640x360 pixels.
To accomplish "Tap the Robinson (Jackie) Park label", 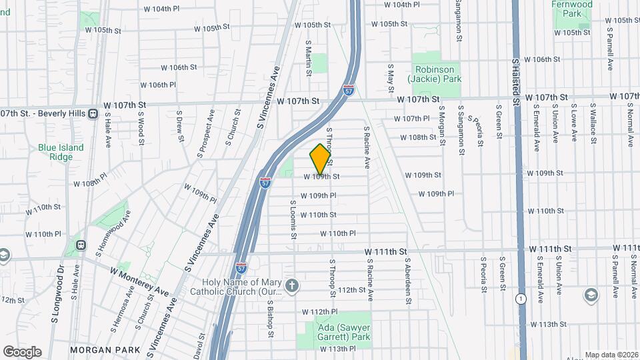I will (437, 74).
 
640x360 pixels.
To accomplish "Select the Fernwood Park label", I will (572, 9).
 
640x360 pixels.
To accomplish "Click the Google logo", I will (22, 351).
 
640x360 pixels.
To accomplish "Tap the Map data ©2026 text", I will (611, 355).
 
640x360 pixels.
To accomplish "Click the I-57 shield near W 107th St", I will (349, 89).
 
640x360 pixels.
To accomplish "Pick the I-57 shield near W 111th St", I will (243, 267).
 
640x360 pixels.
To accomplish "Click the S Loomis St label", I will (292, 220).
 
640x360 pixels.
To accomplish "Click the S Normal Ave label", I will (630, 127).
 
